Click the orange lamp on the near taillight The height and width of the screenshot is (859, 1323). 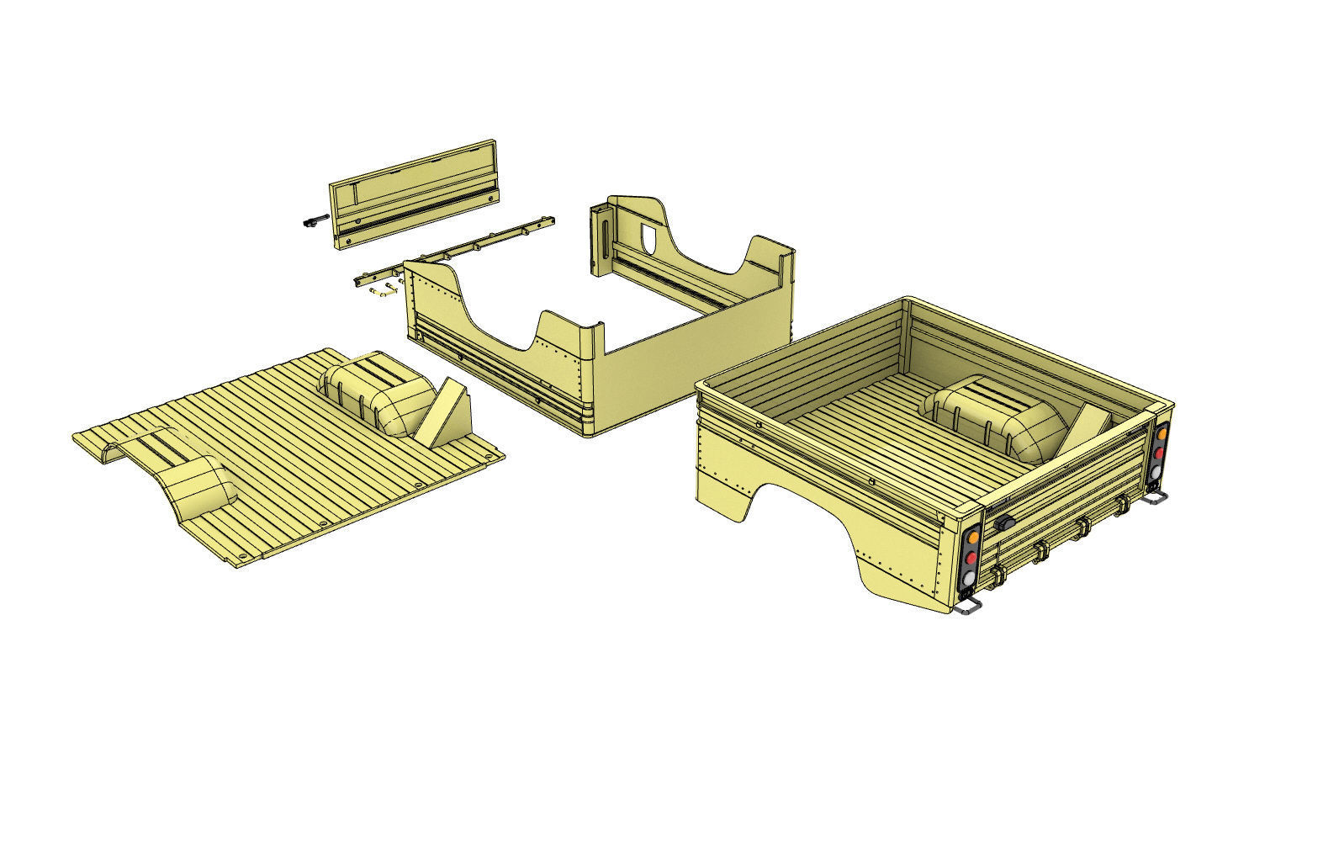(x=971, y=537)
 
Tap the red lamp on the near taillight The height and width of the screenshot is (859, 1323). (x=970, y=557)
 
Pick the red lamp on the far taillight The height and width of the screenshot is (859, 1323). (x=1159, y=452)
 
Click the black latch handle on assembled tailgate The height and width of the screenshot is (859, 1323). (x=1003, y=523)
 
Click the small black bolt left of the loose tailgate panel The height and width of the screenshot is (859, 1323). (x=311, y=221)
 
